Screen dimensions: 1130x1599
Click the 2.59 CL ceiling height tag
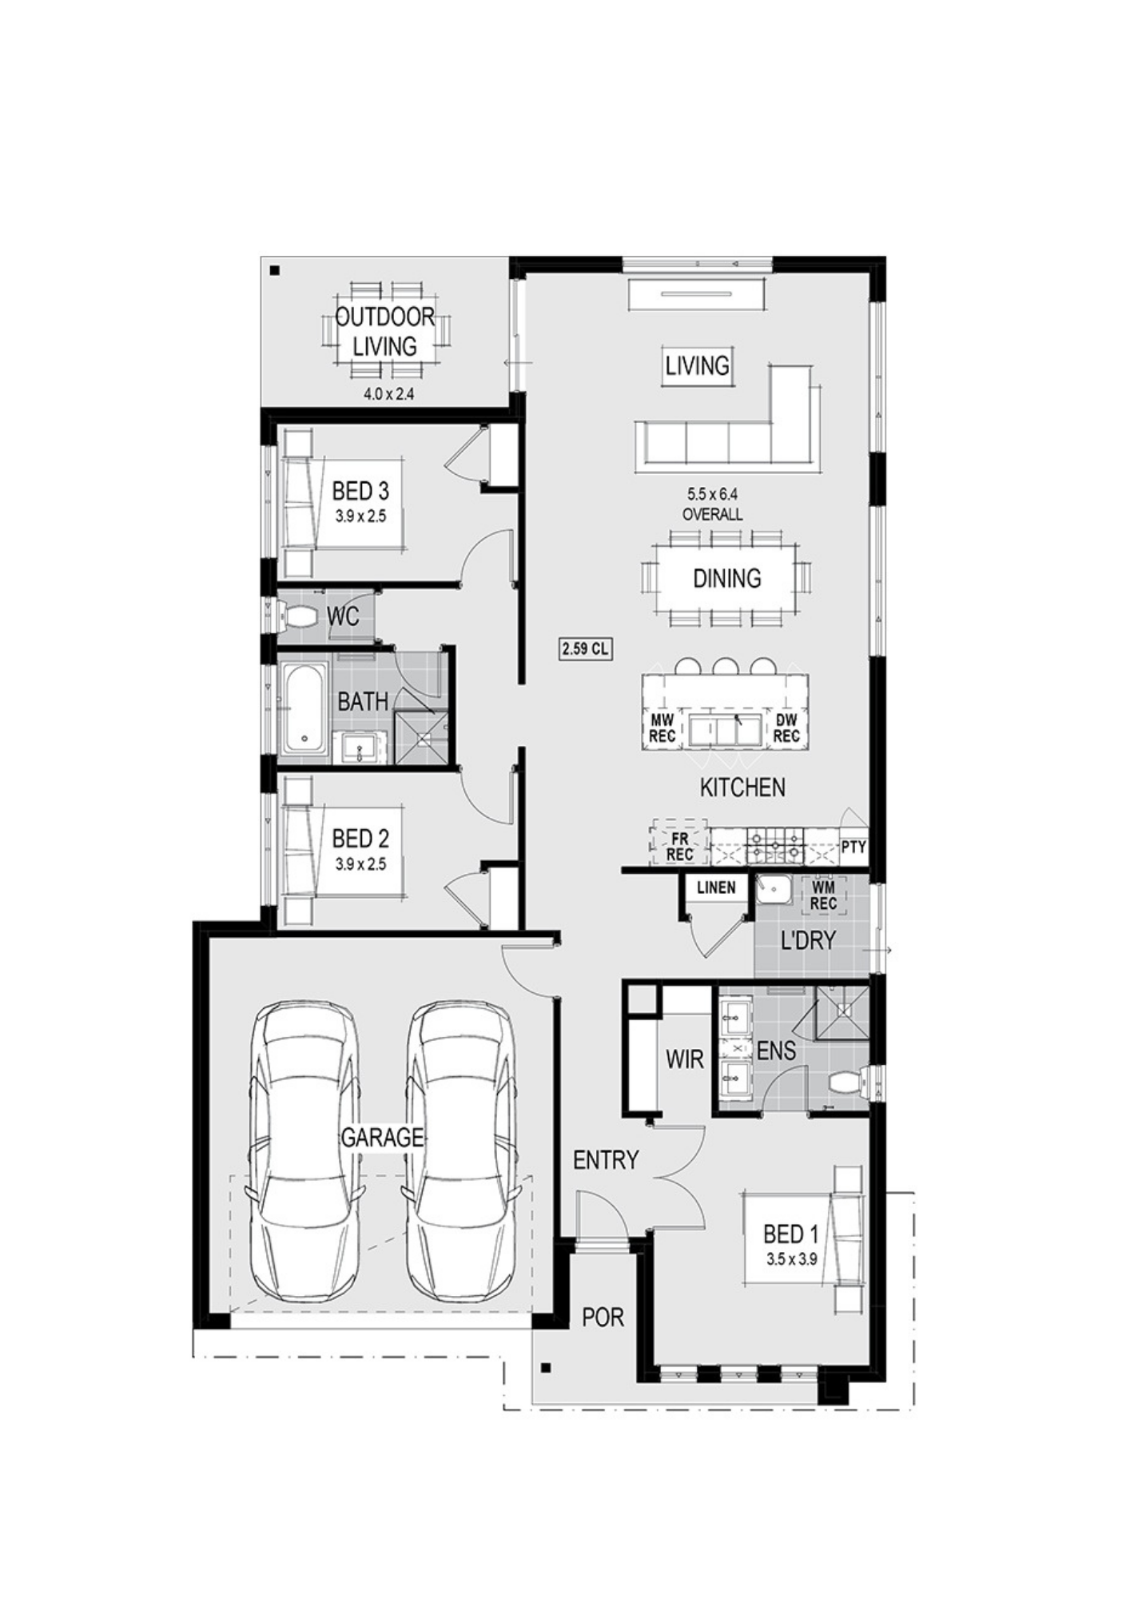[585, 648]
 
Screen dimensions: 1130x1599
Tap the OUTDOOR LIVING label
[385, 332]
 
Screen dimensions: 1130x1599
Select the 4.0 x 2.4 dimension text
[389, 393]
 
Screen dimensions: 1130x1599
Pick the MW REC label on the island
[662, 728]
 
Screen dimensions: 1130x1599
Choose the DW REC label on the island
[786, 728]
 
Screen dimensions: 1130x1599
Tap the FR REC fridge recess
[680, 841]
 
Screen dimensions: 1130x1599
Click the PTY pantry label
[853, 847]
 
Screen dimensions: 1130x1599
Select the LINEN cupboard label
[716, 887]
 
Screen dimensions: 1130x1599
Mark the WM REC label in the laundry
[823, 895]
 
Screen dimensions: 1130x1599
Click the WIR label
[685, 1059]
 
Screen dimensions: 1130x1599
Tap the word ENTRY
[606, 1159]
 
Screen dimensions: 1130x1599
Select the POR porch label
[603, 1317]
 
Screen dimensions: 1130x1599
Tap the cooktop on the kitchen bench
[775, 846]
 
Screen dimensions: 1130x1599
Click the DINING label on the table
[727, 578]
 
